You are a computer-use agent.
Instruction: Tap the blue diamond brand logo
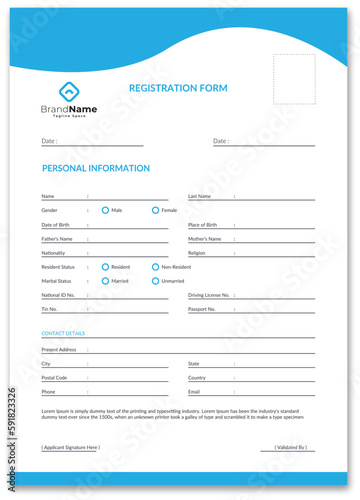coord(69,91)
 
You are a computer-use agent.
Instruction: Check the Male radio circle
coord(105,210)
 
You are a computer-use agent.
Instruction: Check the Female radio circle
coord(155,210)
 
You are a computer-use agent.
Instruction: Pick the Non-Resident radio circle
coord(155,267)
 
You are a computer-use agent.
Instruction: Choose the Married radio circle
coord(105,281)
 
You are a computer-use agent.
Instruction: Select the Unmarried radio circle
coord(155,281)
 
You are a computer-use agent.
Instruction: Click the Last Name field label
coord(200,196)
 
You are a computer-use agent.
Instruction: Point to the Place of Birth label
coord(202,225)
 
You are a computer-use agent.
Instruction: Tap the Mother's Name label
coord(204,239)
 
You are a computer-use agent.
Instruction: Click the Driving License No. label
coord(209,296)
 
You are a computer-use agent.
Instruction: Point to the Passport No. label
coord(202,310)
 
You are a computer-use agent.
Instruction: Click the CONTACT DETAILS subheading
coord(63,333)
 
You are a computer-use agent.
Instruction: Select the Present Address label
coord(59,350)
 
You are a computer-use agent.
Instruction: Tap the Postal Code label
coord(54,378)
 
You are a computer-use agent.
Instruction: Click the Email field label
coord(194,392)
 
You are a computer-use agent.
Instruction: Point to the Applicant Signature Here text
coord(71,447)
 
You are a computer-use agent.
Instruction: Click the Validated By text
coord(291,447)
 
